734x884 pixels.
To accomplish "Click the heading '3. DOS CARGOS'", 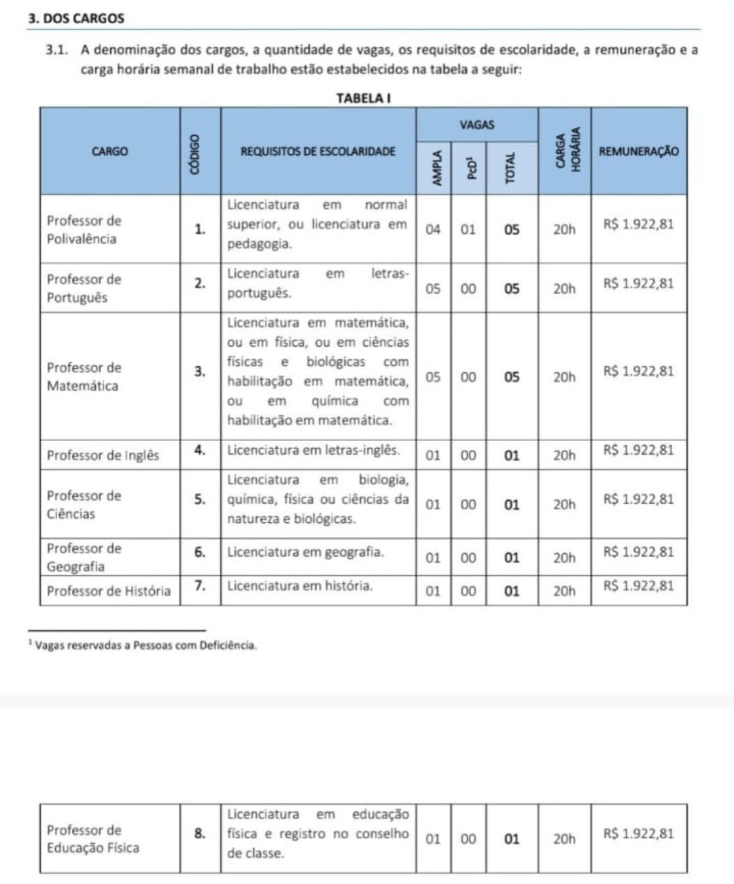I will [77, 18].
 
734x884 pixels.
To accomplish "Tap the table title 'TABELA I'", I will [364, 98].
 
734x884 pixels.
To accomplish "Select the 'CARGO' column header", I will [109, 151].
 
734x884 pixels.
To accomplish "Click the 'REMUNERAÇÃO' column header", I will [638, 151].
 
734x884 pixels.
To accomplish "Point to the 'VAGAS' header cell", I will [476, 125].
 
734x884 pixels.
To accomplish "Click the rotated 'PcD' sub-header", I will [468, 167].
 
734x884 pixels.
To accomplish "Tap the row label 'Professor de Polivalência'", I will [84, 230].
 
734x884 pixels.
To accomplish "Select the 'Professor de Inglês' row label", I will [103, 455].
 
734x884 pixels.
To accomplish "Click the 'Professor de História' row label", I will [109, 591].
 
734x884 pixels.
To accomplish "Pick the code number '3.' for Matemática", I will [200, 372].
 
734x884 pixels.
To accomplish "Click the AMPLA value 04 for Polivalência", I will [433, 230].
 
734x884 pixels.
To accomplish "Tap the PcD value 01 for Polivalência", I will [468, 230].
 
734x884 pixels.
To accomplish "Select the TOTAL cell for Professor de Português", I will [512, 289].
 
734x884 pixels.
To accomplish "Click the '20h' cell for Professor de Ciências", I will [564, 505].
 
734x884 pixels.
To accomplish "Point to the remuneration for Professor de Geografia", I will [638, 552].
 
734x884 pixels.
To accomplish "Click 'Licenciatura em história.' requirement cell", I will [300, 585].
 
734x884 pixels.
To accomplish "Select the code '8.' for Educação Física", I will [200, 833].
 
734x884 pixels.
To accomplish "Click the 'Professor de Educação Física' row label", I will [93, 839].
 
